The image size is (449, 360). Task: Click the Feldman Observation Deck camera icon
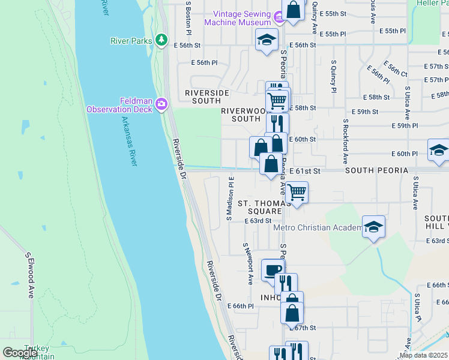(161, 105)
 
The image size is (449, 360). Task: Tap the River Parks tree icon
(161, 40)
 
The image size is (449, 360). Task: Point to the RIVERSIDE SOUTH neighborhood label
(207, 97)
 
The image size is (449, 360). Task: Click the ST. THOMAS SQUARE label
(260, 207)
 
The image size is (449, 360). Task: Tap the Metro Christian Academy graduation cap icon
(373, 226)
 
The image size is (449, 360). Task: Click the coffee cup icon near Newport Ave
(272, 270)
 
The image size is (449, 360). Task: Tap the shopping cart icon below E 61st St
(297, 193)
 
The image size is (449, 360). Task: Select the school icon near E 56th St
(267, 40)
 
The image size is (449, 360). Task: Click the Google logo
(20, 353)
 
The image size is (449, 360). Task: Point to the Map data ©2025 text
(423, 355)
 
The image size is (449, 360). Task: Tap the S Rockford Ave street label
(346, 142)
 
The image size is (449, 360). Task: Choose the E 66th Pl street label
(244, 306)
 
